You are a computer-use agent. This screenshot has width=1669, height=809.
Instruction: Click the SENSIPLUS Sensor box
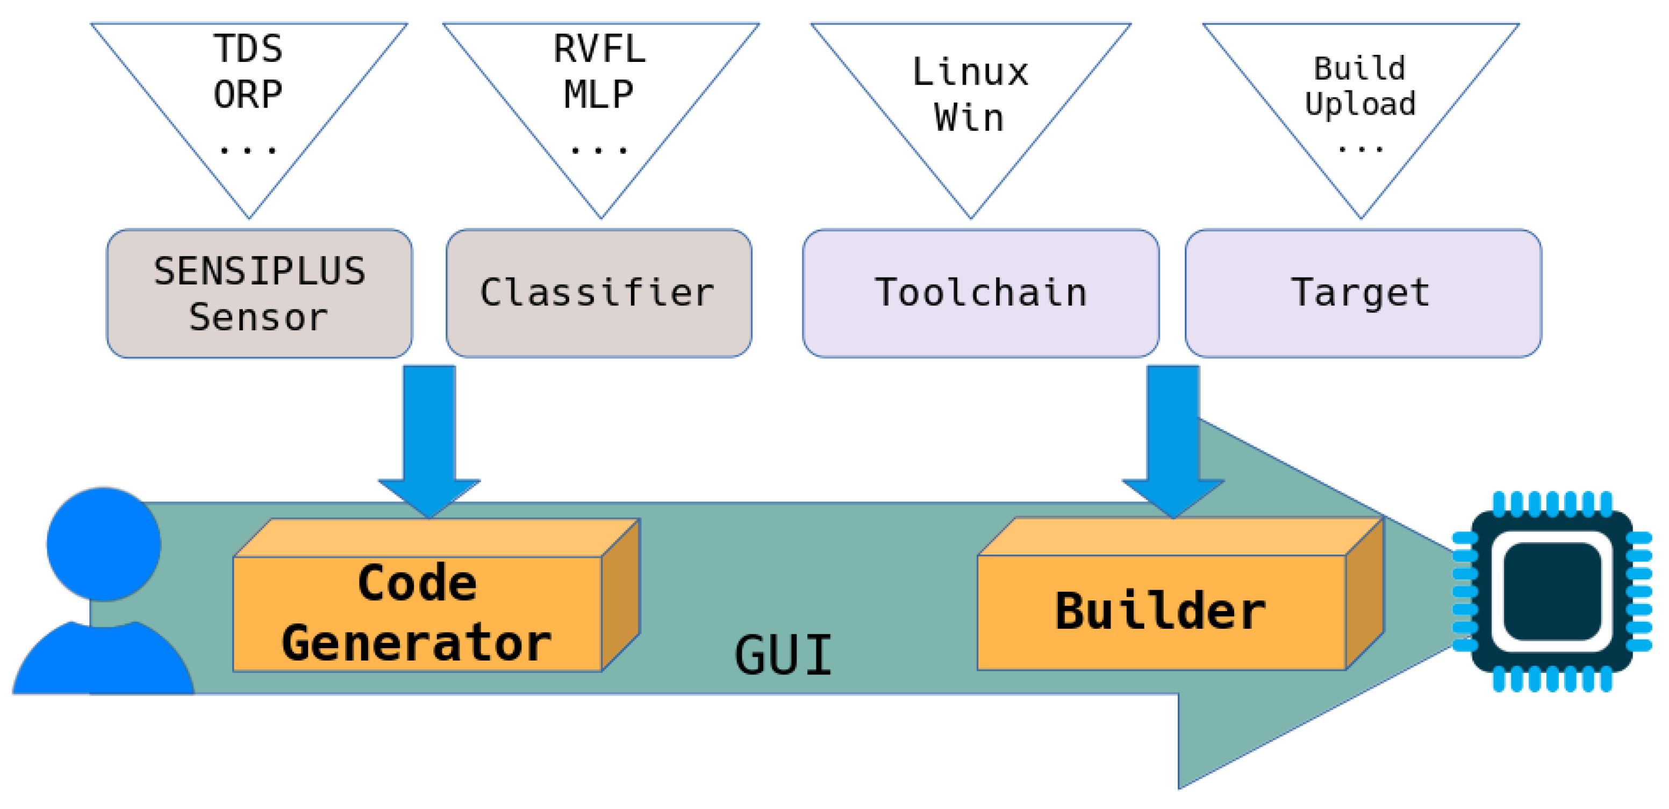[x=259, y=293]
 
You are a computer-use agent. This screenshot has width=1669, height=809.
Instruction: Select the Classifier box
[x=598, y=293]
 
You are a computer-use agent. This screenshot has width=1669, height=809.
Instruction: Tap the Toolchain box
[x=980, y=293]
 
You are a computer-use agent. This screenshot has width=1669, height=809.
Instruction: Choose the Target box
[x=1363, y=293]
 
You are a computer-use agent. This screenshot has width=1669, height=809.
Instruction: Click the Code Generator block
[x=417, y=613]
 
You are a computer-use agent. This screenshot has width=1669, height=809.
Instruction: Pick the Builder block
[x=1161, y=611]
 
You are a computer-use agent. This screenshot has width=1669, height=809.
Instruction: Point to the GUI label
[x=783, y=655]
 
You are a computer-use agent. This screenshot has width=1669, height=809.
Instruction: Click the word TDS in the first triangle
[x=248, y=48]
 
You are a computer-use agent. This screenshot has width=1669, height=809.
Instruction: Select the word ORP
[x=248, y=95]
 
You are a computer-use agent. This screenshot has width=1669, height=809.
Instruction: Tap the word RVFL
[x=599, y=48]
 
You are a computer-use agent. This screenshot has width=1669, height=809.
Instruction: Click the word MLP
[x=599, y=95]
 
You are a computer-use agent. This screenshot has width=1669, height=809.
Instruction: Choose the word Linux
[x=970, y=72]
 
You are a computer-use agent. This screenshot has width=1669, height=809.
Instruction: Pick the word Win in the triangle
[x=969, y=118]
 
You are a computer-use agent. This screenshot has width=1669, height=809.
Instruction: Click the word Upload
[x=1360, y=104]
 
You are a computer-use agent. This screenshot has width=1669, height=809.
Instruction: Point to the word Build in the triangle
[x=1360, y=68]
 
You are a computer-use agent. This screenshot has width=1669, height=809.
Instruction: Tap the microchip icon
[x=1552, y=591]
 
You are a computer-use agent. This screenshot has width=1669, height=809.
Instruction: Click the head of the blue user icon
[x=104, y=544]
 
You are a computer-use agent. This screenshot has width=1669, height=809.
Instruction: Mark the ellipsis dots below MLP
[x=599, y=151]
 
